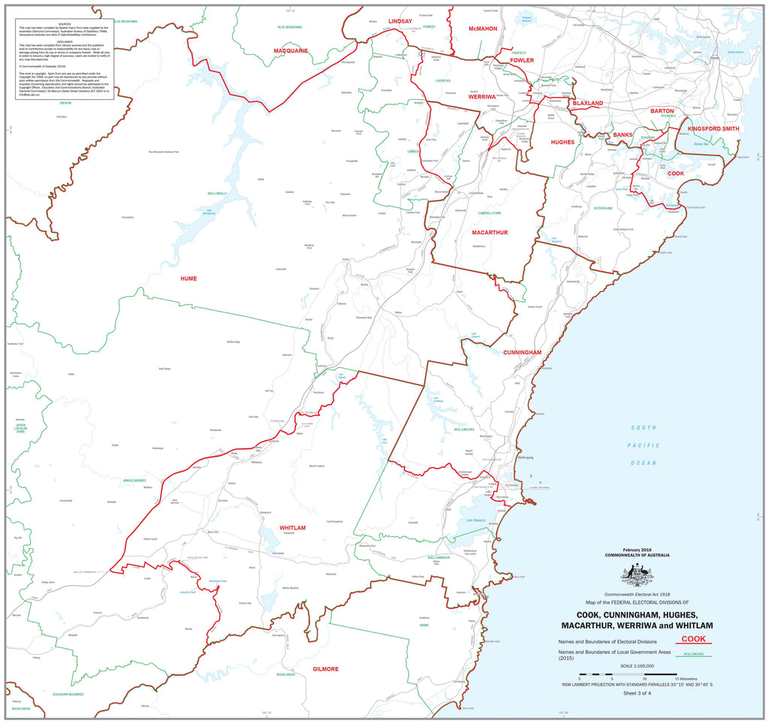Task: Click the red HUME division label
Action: [188, 279]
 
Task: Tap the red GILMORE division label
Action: [320, 668]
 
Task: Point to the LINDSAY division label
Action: [400, 22]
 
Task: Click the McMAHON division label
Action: [482, 29]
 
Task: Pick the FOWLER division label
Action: [522, 60]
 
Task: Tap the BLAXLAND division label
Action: [587, 103]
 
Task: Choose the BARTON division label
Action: [667, 110]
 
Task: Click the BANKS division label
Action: [623, 134]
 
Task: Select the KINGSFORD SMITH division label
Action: [713, 129]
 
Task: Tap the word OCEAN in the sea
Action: [644, 463]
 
